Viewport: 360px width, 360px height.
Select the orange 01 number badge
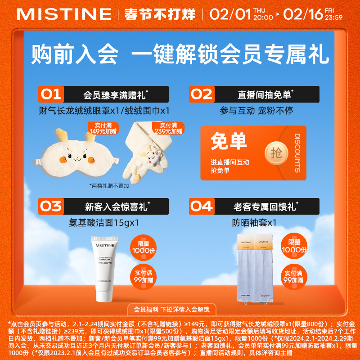coord(51,94)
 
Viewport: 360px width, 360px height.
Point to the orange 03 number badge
coord(51,207)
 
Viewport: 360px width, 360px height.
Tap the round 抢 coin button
coord(275,153)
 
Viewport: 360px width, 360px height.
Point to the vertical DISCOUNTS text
coord(297,153)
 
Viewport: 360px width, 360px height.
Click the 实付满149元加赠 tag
coord(103,128)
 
